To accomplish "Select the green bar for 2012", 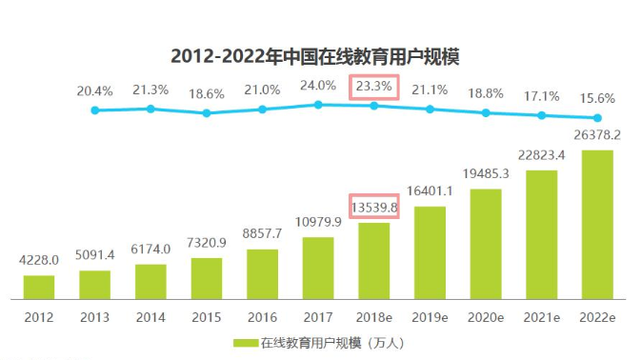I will [39, 287].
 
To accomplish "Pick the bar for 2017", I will [318, 268].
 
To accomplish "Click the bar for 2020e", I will [486, 243].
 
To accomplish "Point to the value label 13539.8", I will [374, 206].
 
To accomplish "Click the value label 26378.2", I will [598, 134].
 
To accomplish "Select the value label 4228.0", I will [39, 260].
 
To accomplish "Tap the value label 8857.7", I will [263, 234].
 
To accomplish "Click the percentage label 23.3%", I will [374, 87].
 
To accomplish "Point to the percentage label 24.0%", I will [318, 86].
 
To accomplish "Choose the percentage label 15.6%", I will [596, 97].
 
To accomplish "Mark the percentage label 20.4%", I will [95, 91].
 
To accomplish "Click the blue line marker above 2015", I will [207, 113].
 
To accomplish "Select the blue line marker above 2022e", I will [598, 119].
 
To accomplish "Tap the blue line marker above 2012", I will [95, 110].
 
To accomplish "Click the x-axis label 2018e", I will [374, 315].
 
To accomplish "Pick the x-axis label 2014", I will [150, 315].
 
